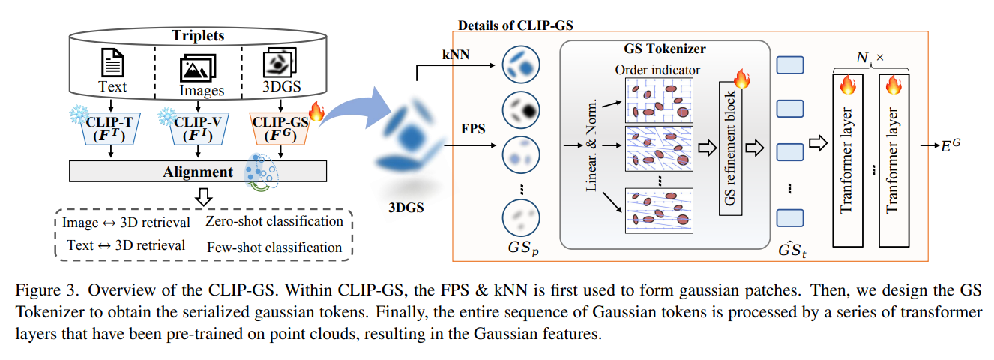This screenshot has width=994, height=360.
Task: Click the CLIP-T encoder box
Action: (x=111, y=129)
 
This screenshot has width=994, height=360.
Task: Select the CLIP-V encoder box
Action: (x=199, y=129)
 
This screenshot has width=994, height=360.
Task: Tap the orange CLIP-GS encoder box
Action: (x=280, y=129)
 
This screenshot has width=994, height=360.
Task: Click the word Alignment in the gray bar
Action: (x=197, y=172)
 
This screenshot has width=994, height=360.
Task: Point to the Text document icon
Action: (x=112, y=62)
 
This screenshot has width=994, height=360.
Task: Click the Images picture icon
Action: (x=198, y=68)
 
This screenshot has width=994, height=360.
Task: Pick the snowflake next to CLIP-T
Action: (x=79, y=115)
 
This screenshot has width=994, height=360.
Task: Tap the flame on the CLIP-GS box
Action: (x=317, y=111)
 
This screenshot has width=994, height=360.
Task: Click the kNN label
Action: (x=456, y=55)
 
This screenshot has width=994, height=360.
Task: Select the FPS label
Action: (x=473, y=129)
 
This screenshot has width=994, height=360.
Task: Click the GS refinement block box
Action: (x=730, y=148)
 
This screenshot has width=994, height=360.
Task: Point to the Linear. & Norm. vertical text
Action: (x=591, y=145)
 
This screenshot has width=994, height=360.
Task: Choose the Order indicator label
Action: (x=657, y=70)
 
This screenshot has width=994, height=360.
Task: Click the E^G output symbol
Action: (x=951, y=145)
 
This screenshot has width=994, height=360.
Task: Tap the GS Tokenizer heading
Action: (x=665, y=49)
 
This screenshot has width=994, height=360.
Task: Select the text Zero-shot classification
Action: (x=274, y=221)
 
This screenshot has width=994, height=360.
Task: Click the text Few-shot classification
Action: (x=274, y=247)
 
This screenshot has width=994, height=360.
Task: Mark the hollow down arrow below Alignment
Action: (x=204, y=197)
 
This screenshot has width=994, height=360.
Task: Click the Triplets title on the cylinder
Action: (x=198, y=35)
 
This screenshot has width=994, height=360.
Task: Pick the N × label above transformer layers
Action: (x=870, y=57)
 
